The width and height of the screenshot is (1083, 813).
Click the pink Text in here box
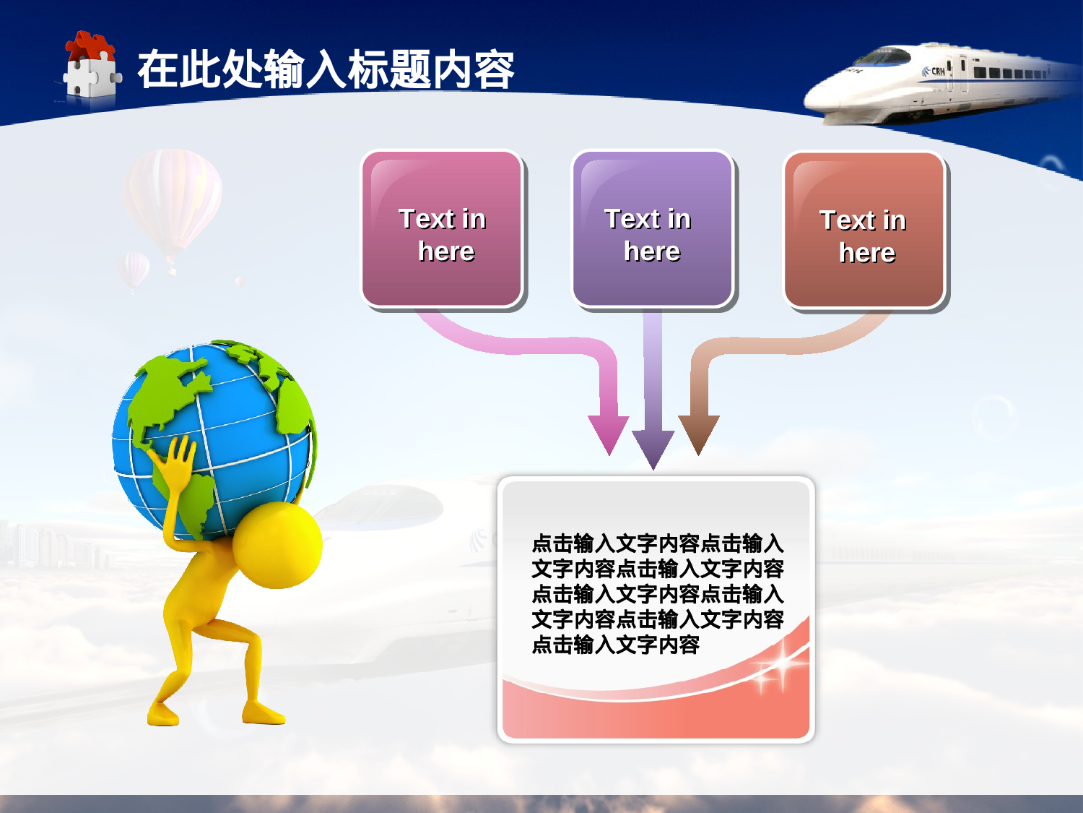(442, 229)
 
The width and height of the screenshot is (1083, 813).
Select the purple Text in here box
(652, 229)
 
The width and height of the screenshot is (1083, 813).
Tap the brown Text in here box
(864, 231)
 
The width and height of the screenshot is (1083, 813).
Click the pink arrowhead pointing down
(609, 434)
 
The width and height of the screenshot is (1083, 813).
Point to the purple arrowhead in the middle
(653, 448)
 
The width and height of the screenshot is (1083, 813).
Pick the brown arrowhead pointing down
(698, 434)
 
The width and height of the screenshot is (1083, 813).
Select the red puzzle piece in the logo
(90, 46)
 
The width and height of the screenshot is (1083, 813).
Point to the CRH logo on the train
(935, 72)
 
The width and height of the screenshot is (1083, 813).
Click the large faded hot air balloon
(172, 195)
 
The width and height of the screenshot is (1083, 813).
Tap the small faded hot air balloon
(134, 269)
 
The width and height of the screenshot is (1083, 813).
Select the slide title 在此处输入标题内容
(325, 70)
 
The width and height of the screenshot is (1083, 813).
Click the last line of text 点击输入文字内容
(615, 645)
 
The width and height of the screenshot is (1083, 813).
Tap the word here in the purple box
(652, 251)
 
